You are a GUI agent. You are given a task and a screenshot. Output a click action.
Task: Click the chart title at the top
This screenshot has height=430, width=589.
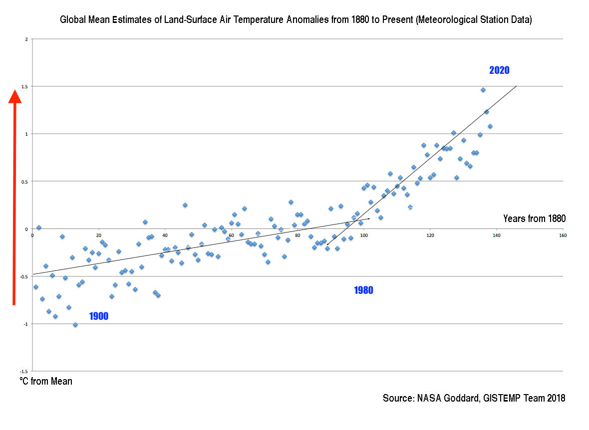click(x=296, y=20)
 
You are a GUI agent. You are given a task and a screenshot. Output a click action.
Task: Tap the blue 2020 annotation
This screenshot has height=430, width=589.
click(x=499, y=70)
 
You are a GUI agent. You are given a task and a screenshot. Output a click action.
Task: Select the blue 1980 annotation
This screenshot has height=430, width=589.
click(x=363, y=290)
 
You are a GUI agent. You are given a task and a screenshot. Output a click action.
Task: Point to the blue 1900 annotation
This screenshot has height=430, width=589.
click(x=99, y=316)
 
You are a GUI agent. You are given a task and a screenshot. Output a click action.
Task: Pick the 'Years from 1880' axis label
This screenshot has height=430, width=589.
click(x=534, y=218)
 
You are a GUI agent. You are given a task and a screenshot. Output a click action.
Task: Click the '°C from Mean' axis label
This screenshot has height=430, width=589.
click(x=46, y=382)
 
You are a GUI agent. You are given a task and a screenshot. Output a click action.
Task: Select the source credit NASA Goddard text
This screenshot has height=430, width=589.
click(x=474, y=398)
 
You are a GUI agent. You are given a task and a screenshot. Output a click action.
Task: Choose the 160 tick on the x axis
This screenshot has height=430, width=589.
click(x=563, y=235)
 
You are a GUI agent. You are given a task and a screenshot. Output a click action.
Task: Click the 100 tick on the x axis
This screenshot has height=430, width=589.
click(x=364, y=235)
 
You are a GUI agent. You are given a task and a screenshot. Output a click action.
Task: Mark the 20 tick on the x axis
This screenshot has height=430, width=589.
click(x=98, y=235)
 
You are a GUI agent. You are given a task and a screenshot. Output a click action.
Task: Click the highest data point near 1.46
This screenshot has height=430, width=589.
click(x=483, y=90)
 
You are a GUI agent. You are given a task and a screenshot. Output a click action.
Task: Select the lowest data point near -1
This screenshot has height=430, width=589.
click(x=75, y=325)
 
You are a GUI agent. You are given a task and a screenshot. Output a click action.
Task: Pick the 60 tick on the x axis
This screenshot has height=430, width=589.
click(x=231, y=235)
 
